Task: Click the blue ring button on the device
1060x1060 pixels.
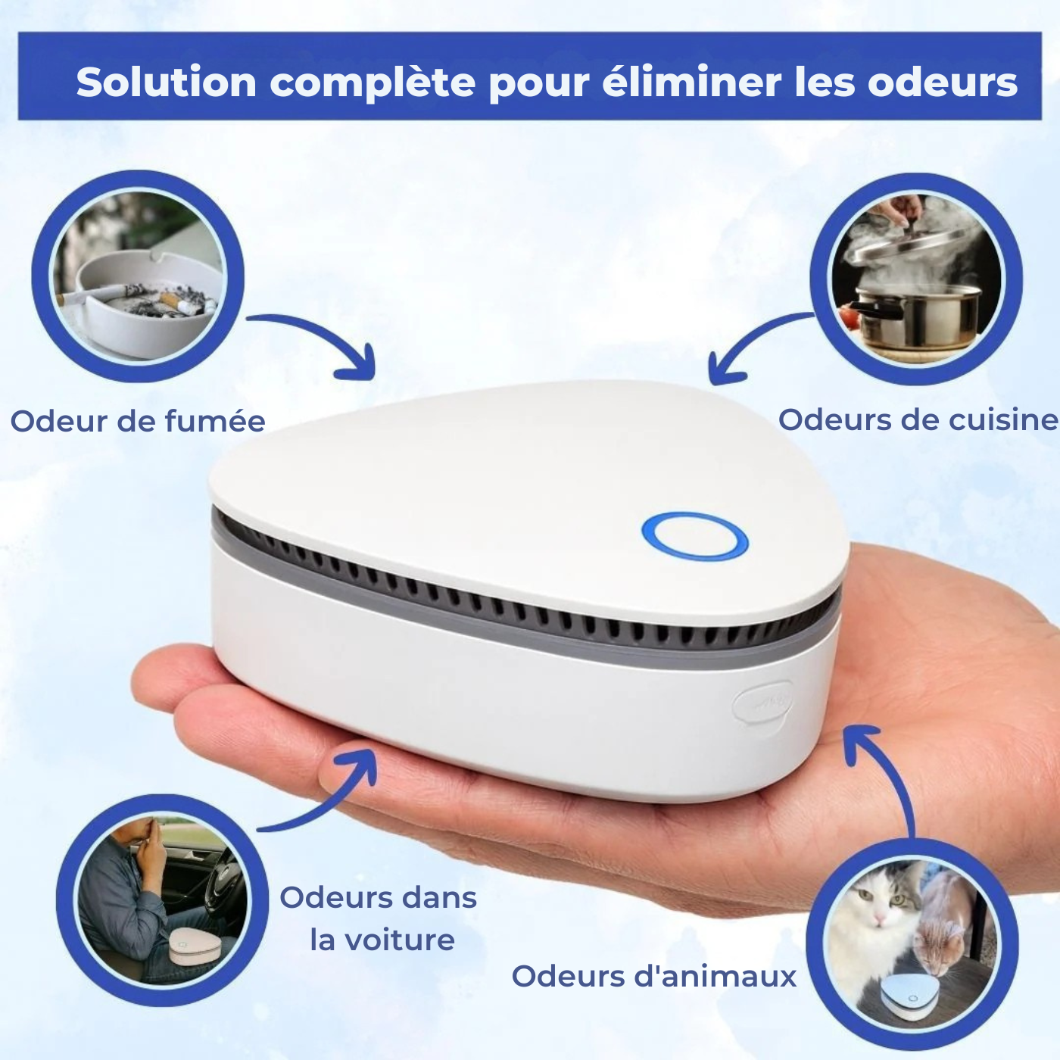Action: point(694,536)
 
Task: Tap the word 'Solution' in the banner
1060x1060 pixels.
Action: point(167,82)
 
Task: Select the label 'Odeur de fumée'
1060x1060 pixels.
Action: point(138,421)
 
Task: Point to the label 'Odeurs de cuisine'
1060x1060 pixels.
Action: point(918,419)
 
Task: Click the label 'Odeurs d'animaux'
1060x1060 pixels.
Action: point(654,976)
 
